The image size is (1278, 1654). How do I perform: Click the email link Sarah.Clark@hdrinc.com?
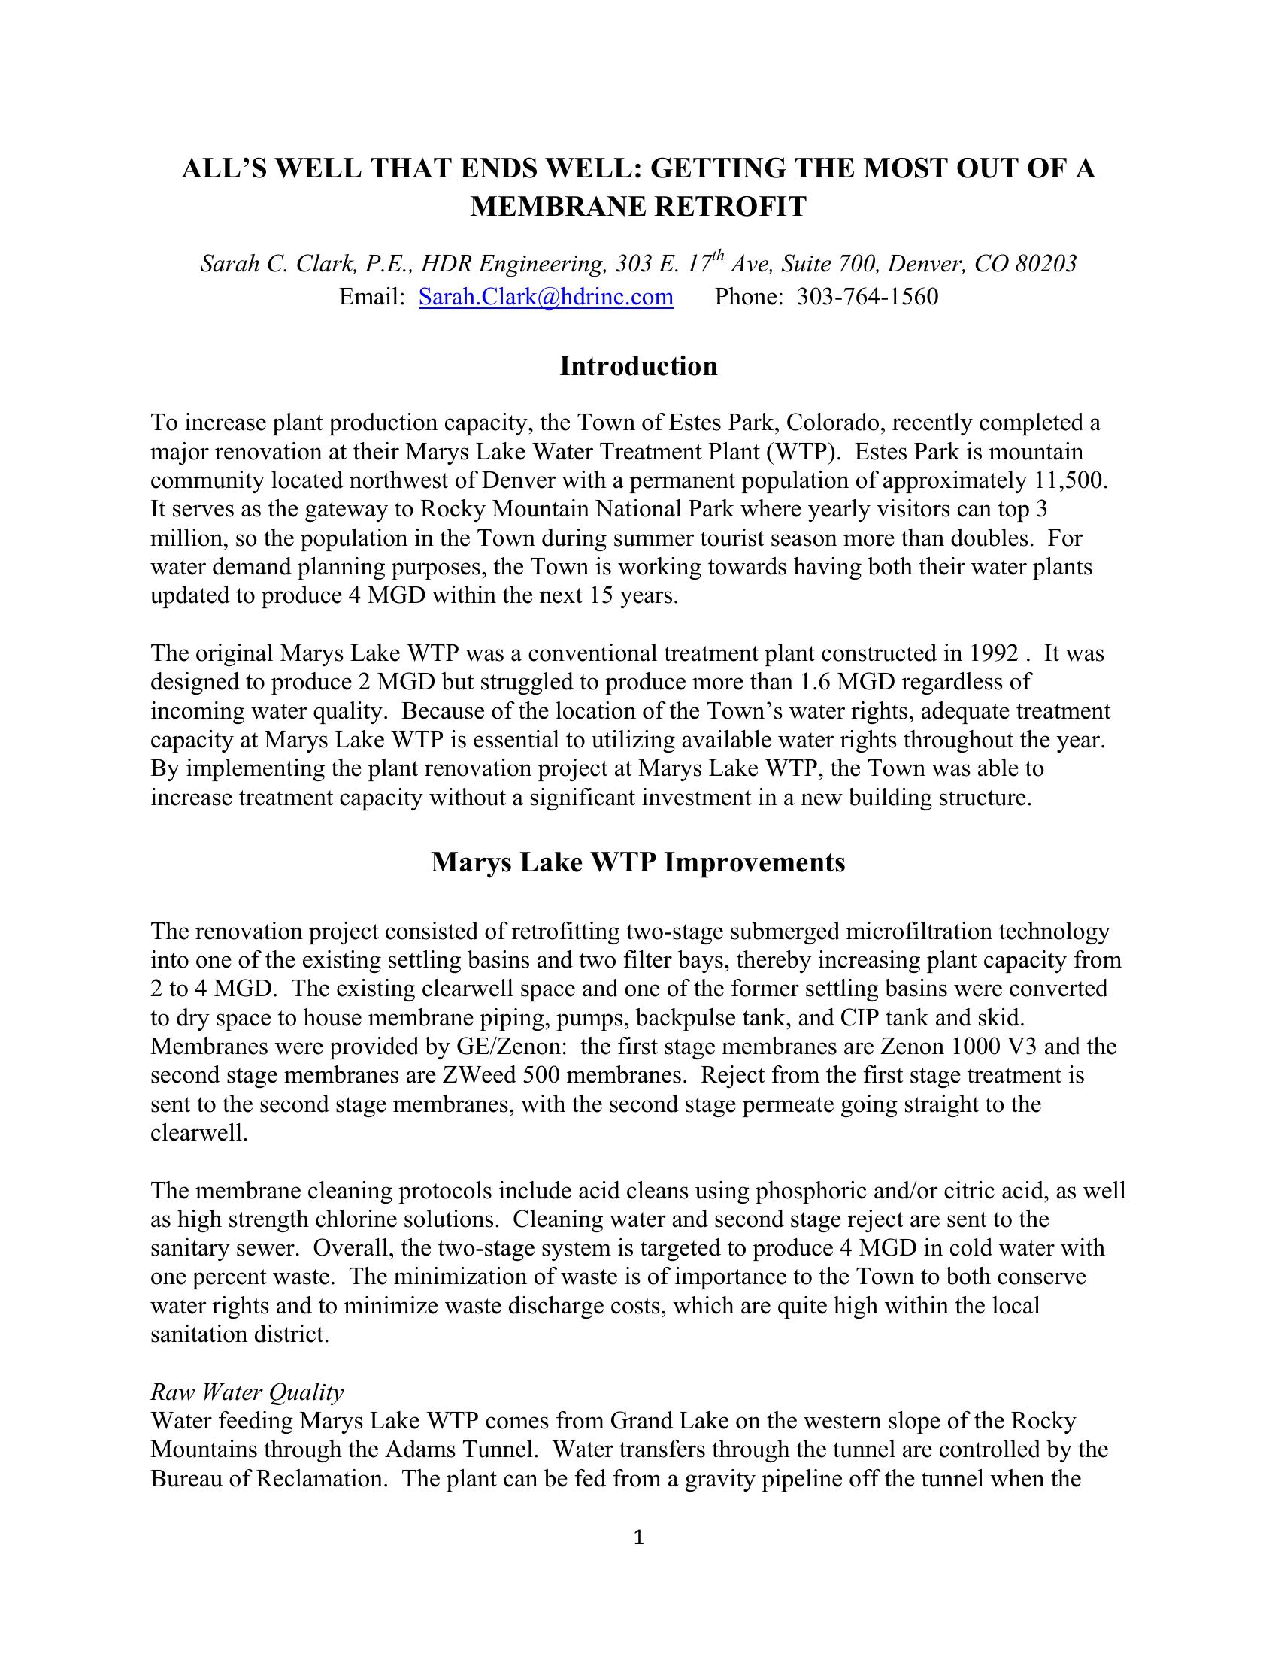546,296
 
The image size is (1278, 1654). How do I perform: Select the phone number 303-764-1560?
867,296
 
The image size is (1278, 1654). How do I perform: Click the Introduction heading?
638,366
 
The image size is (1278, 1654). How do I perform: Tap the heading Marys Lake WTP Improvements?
638,862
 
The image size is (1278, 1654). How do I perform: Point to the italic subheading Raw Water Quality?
247,1392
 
